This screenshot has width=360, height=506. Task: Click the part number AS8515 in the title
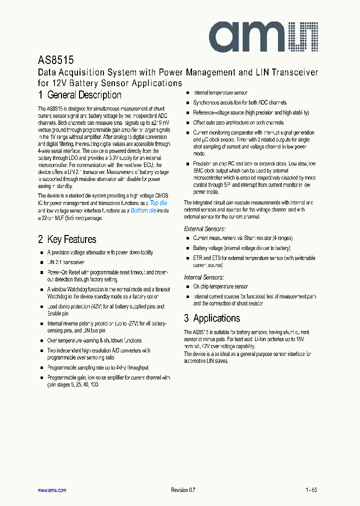(56, 60)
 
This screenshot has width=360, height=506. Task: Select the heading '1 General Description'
(79, 95)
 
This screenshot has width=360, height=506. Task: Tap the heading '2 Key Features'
(67, 239)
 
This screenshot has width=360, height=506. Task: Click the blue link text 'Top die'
(158, 203)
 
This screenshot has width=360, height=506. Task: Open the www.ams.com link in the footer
(52, 490)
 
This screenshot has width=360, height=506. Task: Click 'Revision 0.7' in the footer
(183, 490)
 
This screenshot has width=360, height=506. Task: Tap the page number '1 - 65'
(311, 490)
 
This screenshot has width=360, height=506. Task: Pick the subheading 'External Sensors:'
(204, 229)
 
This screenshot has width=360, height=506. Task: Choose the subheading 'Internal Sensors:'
(203, 277)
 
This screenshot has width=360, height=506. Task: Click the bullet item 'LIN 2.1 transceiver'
(66, 262)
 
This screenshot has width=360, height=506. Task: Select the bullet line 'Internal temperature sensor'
(220, 93)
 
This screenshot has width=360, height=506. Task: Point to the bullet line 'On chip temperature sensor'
(220, 287)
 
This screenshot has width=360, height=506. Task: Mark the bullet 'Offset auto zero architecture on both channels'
(238, 122)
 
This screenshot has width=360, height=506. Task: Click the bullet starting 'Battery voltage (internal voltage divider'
(241, 248)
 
